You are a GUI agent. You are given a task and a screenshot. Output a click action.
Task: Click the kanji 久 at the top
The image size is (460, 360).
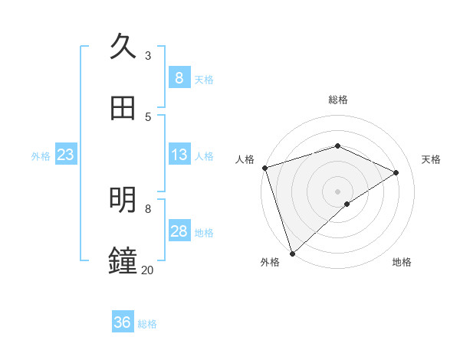[x=123, y=47]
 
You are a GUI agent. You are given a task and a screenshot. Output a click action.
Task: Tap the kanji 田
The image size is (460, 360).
[x=123, y=108]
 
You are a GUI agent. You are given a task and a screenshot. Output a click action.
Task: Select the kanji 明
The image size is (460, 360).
[x=123, y=200]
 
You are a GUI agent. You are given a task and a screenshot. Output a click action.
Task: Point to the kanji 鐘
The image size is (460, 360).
[x=123, y=261]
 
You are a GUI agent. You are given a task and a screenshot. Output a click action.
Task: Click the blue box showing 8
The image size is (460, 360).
[x=179, y=78]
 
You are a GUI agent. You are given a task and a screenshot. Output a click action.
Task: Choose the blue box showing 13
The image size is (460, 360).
[x=179, y=155]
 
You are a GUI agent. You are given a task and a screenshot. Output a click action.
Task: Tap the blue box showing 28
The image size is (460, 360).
[x=179, y=231]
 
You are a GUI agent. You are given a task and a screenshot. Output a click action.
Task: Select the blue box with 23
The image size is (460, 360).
[x=65, y=155]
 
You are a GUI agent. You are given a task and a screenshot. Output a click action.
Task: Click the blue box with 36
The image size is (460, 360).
[x=123, y=322]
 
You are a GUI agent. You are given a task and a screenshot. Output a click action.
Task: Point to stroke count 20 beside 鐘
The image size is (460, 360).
[x=147, y=270]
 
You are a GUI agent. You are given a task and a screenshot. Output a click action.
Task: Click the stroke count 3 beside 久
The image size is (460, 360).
[x=148, y=55]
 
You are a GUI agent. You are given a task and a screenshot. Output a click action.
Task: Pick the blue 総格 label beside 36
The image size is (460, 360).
[x=147, y=324]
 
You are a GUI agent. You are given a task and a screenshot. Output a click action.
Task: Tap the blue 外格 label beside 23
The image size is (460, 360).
[x=41, y=156]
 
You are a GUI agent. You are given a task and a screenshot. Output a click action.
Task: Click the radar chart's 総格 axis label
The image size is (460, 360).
[x=338, y=100]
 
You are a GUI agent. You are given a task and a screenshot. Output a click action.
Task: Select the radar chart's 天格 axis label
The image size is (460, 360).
[x=432, y=159]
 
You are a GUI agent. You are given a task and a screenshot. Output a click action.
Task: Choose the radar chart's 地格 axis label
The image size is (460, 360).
[x=402, y=262]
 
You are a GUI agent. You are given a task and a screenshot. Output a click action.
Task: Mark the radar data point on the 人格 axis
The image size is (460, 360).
[x=264, y=168]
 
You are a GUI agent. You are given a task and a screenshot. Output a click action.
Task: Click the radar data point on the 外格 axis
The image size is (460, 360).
[x=292, y=253]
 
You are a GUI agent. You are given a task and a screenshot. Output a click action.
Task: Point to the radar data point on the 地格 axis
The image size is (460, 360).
[x=347, y=204]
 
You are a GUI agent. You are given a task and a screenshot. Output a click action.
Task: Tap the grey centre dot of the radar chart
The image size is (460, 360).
[x=338, y=191]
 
